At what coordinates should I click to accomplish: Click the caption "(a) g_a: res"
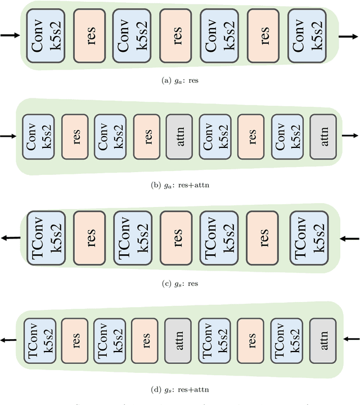pos(180,81)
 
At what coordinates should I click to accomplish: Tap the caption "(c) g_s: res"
pos(180,283)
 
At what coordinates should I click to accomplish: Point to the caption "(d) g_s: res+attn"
pos(180,387)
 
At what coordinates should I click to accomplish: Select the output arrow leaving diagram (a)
pos(348,37)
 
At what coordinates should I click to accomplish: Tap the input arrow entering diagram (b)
pos(10,136)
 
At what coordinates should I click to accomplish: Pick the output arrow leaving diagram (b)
pos(350,136)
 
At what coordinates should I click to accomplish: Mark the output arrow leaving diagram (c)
pos(10,238)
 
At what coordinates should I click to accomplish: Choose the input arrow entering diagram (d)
pos(350,339)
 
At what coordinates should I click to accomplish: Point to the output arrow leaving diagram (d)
pos(8,340)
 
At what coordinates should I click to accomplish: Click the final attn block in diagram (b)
pos(322,136)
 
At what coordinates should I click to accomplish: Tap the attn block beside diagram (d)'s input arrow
pos(322,339)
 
